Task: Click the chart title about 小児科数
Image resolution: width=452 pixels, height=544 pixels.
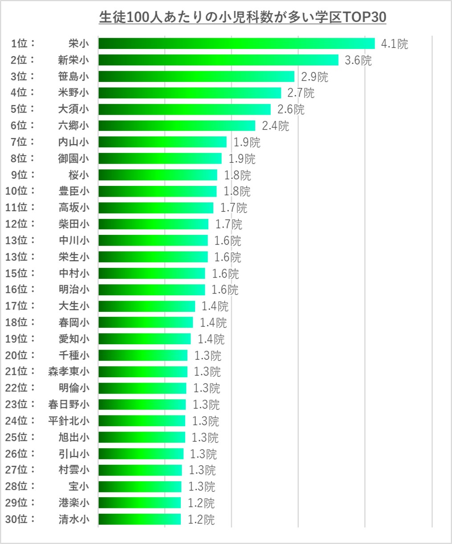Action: pyautogui.click(x=242, y=17)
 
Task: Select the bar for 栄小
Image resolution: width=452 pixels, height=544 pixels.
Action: pyautogui.click(x=236, y=43)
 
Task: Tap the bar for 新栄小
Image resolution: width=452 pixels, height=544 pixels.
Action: pyautogui.click(x=218, y=60)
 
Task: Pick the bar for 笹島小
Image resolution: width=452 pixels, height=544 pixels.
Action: pyautogui.click(x=196, y=76)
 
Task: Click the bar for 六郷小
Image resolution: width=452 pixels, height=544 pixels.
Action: pyautogui.click(x=177, y=125)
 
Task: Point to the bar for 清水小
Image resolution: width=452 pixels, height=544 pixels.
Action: pyautogui.click(x=140, y=519)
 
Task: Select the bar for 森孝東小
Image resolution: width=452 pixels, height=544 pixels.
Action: pyautogui.click(x=143, y=371)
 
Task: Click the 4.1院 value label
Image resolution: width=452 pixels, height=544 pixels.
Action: pyautogui.click(x=395, y=44)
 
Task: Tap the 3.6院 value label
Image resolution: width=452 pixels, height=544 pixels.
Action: pyautogui.click(x=358, y=60)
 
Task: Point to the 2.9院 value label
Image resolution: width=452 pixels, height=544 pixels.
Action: pyautogui.click(x=314, y=77)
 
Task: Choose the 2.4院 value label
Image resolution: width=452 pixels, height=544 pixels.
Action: pyautogui.click(x=275, y=126)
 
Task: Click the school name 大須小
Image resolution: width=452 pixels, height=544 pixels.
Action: pyautogui.click(x=73, y=109)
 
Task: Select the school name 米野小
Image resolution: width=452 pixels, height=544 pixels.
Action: pyautogui.click(x=73, y=93)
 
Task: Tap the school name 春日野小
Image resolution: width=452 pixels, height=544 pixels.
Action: pyautogui.click(x=69, y=404)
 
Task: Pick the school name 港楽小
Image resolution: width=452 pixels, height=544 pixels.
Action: pyautogui.click(x=73, y=503)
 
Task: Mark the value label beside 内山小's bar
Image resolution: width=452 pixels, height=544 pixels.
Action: pyautogui.click(x=247, y=142)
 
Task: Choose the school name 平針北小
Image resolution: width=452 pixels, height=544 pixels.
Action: pyautogui.click(x=69, y=421)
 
